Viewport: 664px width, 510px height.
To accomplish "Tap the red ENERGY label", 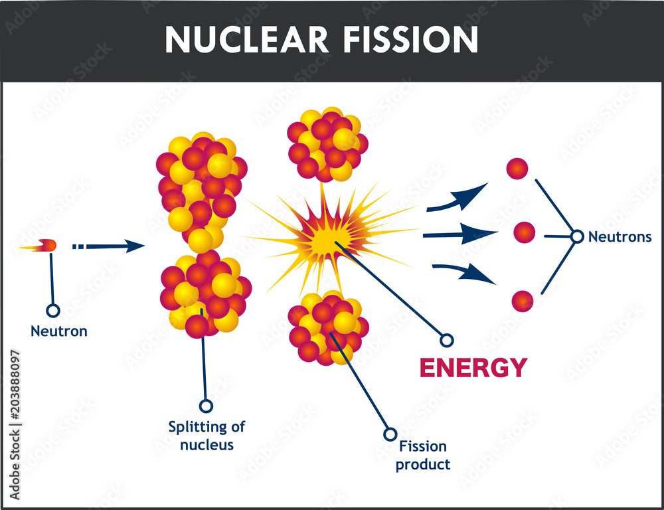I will (x=473, y=367).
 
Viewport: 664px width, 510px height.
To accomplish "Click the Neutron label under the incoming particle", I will (x=59, y=331).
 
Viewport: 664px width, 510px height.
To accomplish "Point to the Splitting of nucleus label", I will (x=207, y=436).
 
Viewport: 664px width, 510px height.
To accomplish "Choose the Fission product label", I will (x=422, y=455).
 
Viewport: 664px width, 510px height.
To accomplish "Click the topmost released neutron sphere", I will (x=517, y=169).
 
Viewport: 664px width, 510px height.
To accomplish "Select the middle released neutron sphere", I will (x=524, y=232).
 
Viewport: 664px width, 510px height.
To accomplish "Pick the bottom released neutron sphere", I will (x=522, y=301).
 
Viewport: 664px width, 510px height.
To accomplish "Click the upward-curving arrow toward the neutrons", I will (x=457, y=199).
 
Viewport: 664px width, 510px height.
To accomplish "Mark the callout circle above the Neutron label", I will (x=52, y=310).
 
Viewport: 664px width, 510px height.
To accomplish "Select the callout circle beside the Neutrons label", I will (x=577, y=236).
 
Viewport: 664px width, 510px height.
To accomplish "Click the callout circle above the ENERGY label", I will (x=447, y=340).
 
